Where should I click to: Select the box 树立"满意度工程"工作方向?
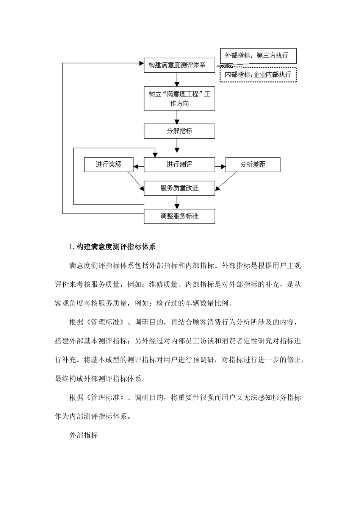(x=179, y=98)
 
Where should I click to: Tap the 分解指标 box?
(x=179, y=131)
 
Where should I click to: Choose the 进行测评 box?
(x=179, y=165)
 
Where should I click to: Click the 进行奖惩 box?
(x=108, y=165)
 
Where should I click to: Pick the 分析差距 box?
(x=253, y=165)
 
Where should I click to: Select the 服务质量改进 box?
(x=179, y=188)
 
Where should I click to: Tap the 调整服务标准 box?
(x=179, y=216)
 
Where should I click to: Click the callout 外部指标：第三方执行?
(x=258, y=56)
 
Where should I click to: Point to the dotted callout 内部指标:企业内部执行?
(x=258, y=75)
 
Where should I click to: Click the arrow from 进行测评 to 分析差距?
(x=220, y=166)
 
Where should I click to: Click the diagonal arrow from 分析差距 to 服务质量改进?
(x=226, y=180)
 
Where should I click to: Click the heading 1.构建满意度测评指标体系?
(x=113, y=247)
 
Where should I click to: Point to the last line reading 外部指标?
(x=84, y=436)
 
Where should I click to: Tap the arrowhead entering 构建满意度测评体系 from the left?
(x=141, y=63)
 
